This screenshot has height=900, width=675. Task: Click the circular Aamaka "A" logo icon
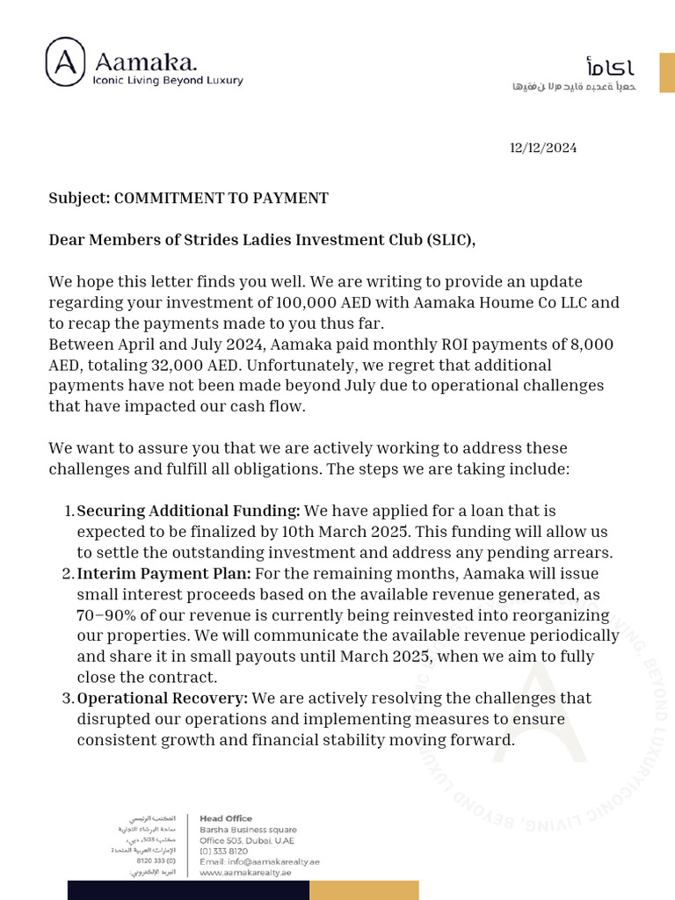[66, 62]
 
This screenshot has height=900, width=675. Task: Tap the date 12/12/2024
[543, 148]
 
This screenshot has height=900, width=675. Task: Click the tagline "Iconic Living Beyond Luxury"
[168, 80]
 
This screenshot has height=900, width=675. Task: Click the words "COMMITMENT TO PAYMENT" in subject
[221, 198]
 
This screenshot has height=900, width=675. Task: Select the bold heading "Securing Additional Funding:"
[189, 511]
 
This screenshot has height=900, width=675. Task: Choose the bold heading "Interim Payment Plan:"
[163, 573]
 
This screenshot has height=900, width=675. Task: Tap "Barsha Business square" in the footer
[248, 829]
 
